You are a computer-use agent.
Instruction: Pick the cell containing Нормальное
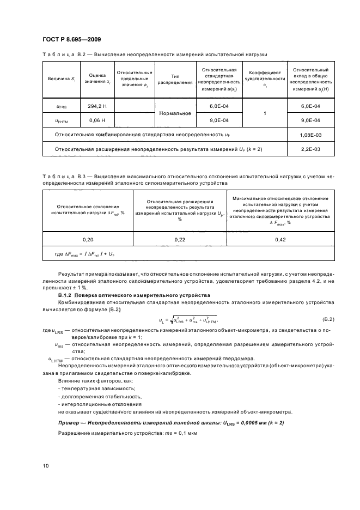click(175, 113)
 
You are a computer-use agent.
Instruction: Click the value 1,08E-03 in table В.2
click(310, 134)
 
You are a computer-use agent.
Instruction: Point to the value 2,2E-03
click(310, 148)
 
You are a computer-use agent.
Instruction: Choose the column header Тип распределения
click(175, 80)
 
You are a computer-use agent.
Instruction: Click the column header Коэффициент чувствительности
click(265, 80)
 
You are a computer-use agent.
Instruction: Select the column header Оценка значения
click(96, 80)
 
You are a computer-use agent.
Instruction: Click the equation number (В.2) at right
click(328, 318)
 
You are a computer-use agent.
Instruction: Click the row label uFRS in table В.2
click(61, 107)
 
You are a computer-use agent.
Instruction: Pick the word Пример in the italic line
click(69, 423)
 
